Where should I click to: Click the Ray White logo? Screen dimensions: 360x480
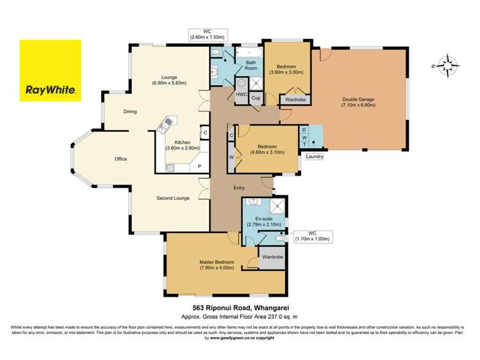(50, 70)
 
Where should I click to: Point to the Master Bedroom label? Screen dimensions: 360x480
(217, 265)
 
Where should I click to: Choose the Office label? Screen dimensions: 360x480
(121, 158)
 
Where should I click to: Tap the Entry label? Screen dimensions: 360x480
(240, 188)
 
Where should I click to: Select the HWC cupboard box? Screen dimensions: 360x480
(242, 95)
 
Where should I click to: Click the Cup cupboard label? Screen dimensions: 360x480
(256, 97)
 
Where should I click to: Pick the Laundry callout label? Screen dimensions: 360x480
(315, 156)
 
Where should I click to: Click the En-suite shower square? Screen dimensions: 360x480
(277, 206)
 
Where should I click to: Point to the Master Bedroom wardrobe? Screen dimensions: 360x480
(270, 258)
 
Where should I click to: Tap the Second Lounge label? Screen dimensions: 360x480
(173, 198)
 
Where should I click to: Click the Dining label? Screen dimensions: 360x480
(130, 112)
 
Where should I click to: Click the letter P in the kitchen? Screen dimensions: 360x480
(199, 166)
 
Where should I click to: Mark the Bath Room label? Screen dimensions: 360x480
(250, 65)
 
